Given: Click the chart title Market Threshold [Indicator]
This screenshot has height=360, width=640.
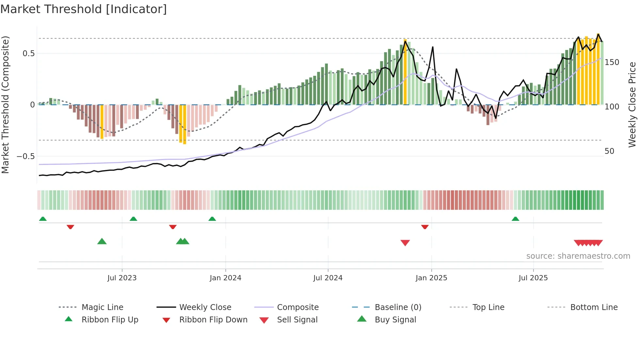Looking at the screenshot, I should (84, 9).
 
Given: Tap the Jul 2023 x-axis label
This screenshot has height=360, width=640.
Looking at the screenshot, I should (122, 278).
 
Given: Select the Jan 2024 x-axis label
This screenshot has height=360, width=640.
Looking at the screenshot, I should (225, 278).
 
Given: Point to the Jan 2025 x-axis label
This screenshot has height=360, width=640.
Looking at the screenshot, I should (431, 278).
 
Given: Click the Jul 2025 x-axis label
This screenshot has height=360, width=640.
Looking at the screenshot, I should (533, 278).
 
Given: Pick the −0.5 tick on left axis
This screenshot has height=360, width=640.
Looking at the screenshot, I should (26, 156).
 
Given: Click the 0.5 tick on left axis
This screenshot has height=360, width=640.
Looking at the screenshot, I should (28, 54).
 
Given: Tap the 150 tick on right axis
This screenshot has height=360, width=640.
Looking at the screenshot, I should (612, 62).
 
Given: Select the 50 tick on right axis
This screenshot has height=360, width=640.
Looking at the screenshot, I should (609, 151).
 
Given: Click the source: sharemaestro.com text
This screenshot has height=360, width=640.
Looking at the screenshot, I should (578, 256).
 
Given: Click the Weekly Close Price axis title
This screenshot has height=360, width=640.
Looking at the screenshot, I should (632, 105).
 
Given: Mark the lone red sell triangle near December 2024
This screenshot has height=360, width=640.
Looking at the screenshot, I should (405, 243).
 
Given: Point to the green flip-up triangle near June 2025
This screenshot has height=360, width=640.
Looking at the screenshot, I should (515, 219).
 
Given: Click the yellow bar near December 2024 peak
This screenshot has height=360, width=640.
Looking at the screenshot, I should (405, 72).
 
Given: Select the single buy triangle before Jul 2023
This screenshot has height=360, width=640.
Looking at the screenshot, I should (102, 241).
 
